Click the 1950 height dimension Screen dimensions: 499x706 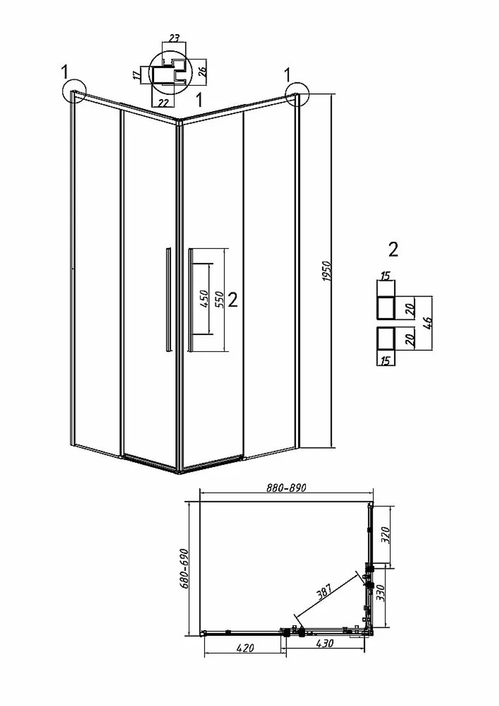tap(328, 271)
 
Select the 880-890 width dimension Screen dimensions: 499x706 tap(286, 488)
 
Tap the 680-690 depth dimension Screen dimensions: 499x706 tap(184, 569)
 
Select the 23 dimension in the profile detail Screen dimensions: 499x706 tap(174, 38)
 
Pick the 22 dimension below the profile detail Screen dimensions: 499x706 tap(163, 102)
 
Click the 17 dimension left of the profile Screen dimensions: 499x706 tap(136, 75)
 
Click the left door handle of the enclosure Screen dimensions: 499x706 tap(169, 300)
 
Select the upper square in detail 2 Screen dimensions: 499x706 tap(386, 308)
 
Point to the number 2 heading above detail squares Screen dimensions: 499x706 tap(393, 250)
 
